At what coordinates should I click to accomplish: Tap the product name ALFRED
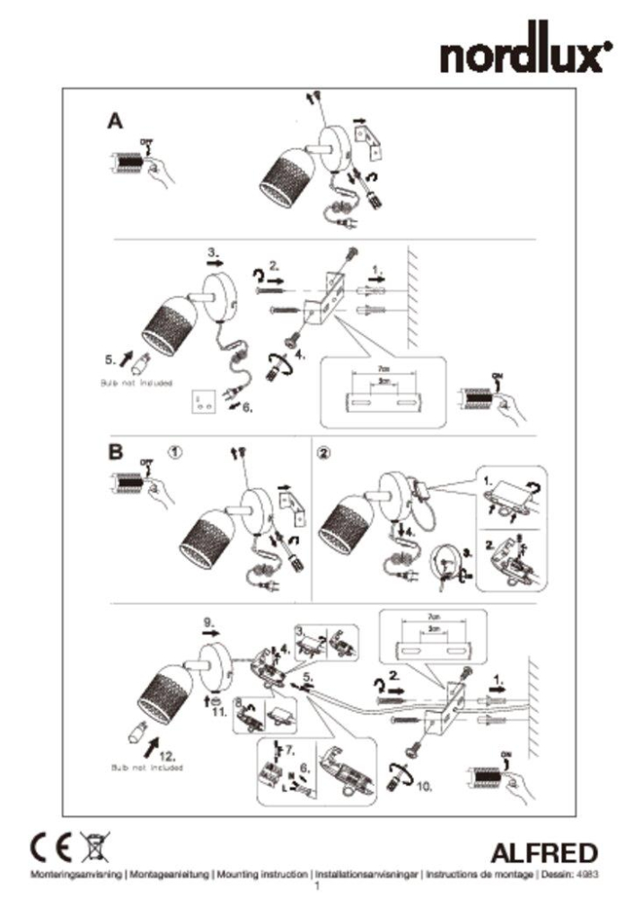point(544,852)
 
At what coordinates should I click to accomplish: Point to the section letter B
point(115,452)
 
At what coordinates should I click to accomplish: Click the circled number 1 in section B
point(176,453)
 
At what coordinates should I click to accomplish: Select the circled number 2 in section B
point(324,453)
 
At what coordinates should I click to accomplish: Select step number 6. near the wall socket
point(248,406)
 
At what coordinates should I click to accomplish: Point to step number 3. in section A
point(212,254)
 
